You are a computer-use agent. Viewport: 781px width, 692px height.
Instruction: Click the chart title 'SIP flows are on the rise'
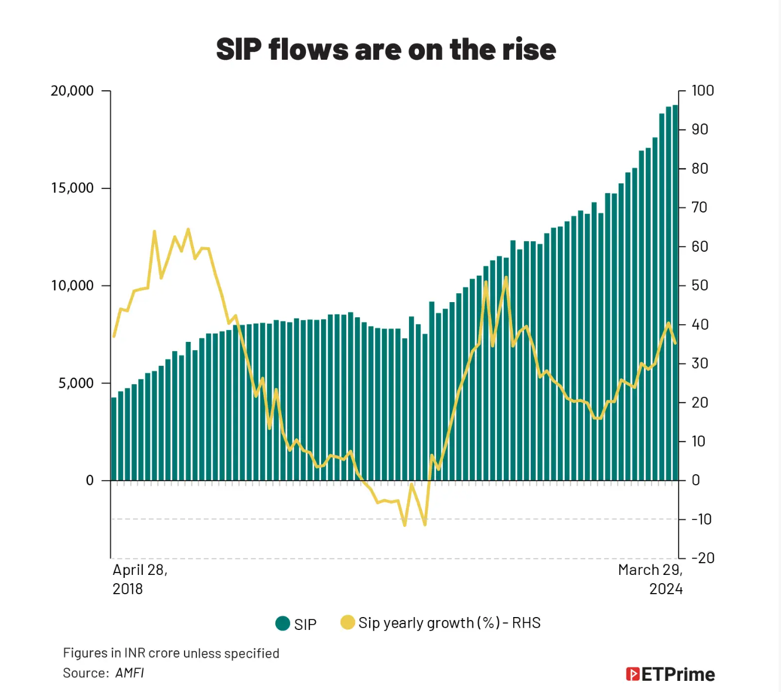click(386, 49)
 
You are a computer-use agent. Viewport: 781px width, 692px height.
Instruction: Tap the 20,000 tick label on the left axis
click(72, 91)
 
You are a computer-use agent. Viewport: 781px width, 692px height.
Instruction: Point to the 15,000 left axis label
click(72, 188)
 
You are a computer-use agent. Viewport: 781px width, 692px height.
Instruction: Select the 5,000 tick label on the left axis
click(76, 383)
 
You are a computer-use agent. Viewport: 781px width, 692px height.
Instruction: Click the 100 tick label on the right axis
click(702, 91)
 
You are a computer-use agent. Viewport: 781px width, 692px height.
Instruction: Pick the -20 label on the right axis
click(702, 558)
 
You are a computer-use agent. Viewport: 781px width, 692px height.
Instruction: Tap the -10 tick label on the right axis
click(701, 519)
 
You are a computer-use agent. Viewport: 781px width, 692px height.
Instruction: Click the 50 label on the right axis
click(700, 286)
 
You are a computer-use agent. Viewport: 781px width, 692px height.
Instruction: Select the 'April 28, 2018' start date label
click(139, 579)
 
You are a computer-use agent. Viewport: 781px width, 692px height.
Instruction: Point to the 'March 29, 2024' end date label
click(650, 579)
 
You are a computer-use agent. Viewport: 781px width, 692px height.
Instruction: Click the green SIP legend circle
click(283, 624)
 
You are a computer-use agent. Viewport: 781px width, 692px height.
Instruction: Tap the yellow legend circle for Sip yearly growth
click(347, 622)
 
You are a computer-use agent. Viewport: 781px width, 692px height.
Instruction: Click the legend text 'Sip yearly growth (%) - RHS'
click(449, 623)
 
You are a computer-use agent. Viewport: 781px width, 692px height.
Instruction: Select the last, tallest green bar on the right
click(675, 293)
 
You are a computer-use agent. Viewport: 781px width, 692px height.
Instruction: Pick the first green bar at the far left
click(114, 439)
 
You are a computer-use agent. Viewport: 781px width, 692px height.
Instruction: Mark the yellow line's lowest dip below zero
click(405, 525)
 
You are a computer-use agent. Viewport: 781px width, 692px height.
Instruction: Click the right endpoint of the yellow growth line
click(675, 343)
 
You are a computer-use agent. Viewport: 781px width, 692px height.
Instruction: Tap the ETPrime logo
click(670, 674)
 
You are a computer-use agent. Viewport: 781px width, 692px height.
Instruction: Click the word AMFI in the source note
click(129, 673)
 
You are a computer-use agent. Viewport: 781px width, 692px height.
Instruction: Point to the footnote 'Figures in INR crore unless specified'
click(171, 653)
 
